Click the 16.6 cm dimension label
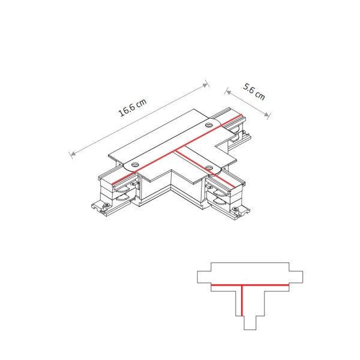coord(132,109)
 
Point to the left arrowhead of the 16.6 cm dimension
coord(72,155)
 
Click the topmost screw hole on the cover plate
coord(209,125)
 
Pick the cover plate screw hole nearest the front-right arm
coord(209,168)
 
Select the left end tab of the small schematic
coord(204,277)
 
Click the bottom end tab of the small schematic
coord(250,322)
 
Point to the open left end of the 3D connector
coord(108,186)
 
